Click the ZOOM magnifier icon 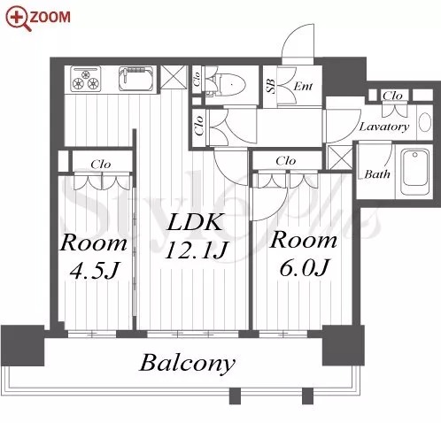(x=19, y=19)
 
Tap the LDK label (x=195, y=222)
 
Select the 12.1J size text (x=197, y=250)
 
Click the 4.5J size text (x=94, y=269)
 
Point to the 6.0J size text (x=304, y=267)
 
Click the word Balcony (x=187, y=364)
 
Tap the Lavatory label (x=384, y=127)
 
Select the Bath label (x=377, y=173)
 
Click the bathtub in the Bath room (x=414, y=172)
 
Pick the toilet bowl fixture (x=230, y=85)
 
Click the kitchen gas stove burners (x=87, y=79)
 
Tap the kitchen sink (x=136, y=78)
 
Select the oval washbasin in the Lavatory (x=425, y=122)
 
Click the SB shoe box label (x=271, y=86)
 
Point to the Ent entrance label (x=303, y=86)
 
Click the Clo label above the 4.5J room (x=101, y=164)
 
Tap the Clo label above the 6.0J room (x=285, y=161)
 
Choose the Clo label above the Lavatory (x=392, y=96)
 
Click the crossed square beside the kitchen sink (x=174, y=77)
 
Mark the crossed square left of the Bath (x=340, y=158)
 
